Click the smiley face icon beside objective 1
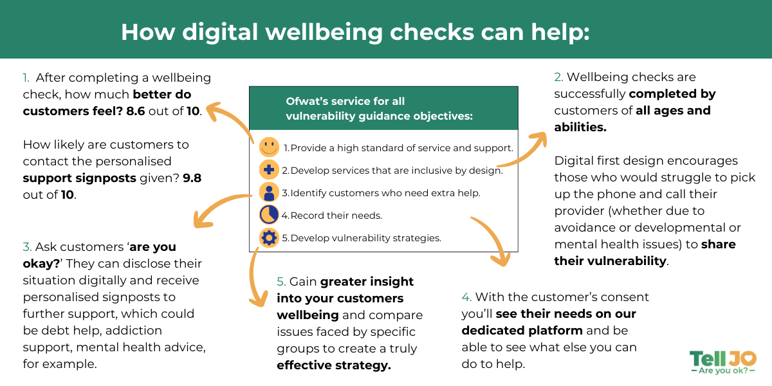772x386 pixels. [x=269, y=147]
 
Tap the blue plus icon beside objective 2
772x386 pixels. [x=268, y=170]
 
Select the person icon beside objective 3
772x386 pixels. [x=268, y=192]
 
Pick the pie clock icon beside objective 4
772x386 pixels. [x=268, y=215]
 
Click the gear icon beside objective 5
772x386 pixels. [x=268, y=237]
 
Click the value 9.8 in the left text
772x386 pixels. [x=192, y=178]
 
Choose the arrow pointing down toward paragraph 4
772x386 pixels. [x=492, y=241]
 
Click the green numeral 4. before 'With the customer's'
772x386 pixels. [x=466, y=297]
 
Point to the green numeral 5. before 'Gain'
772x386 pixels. [x=282, y=281]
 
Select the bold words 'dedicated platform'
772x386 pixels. [x=522, y=330]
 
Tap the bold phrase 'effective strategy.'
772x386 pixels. [x=333, y=365]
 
